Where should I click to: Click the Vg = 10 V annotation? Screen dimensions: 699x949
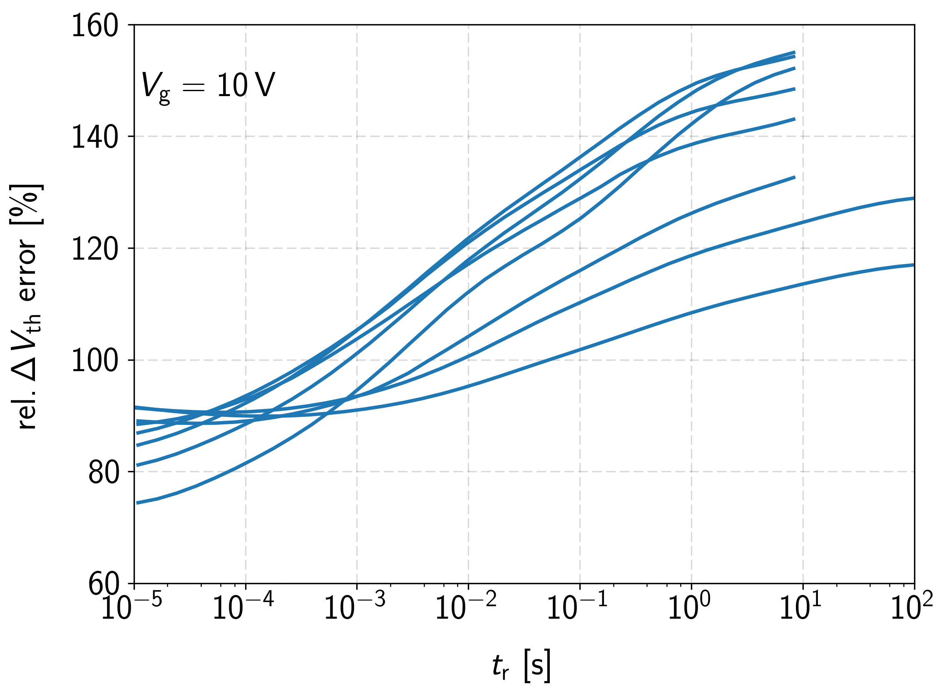click(x=208, y=86)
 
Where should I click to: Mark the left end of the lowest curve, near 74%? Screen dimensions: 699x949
click(x=138, y=503)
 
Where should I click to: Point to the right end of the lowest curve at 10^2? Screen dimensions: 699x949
click(x=914, y=265)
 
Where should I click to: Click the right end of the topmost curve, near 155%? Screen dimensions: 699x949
click(x=795, y=52)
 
